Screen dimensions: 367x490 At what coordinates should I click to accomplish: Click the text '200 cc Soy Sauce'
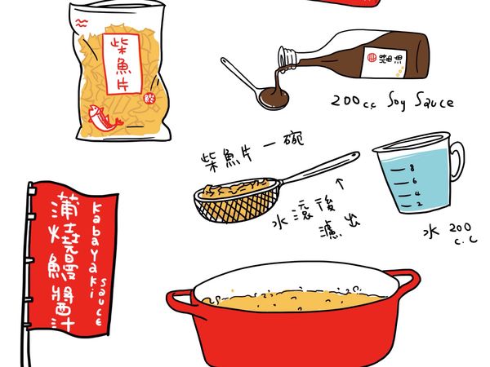click(391, 103)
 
